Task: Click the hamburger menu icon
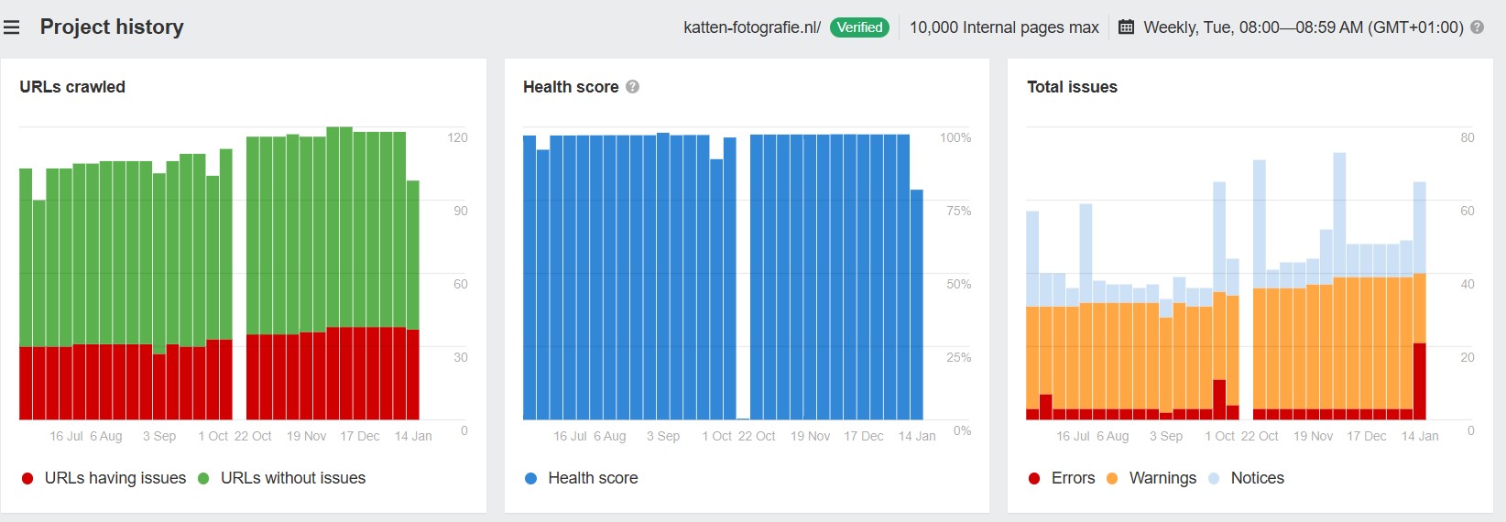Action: coord(11,27)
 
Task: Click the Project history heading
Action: coord(112,27)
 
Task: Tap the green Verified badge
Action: coord(859,27)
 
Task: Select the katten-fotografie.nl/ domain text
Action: coord(752,27)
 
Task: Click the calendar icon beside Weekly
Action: coord(1126,27)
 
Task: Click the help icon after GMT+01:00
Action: coord(1477,27)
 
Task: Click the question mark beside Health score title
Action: coord(632,87)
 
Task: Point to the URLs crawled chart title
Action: coord(72,87)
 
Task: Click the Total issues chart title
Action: coord(1072,87)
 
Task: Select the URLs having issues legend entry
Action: coord(104,478)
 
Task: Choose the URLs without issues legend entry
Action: coord(282,478)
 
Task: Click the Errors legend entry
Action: coord(1063,478)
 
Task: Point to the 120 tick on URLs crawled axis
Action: coord(457,137)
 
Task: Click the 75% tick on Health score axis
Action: coord(959,211)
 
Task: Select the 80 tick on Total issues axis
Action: coord(1467,137)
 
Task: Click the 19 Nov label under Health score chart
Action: coord(810,436)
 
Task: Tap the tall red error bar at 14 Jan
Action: coord(1419,381)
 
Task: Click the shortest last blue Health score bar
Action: coord(916,304)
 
